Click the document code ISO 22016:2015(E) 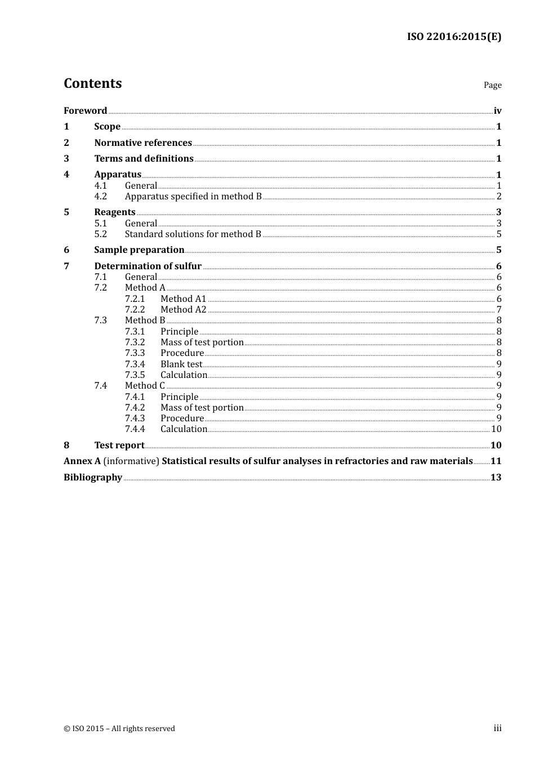coord(454,37)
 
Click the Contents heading coord(92,83)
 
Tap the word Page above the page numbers coord(492,85)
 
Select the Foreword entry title coord(85,111)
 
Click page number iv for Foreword coord(497,111)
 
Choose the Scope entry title coord(107,127)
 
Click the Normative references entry coord(143,143)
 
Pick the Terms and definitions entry coord(144,159)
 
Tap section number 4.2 coord(100,197)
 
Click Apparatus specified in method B coord(193,197)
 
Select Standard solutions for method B coord(193,234)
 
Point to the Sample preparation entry coord(139,250)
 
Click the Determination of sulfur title coord(148,266)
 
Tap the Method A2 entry coord(184,310)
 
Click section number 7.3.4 coord(135,364)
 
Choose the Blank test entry coord(181,364)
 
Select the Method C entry coord(145,386)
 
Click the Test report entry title coord(119,446)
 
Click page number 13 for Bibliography coord(496,478)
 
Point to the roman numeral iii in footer coord(497,728)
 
